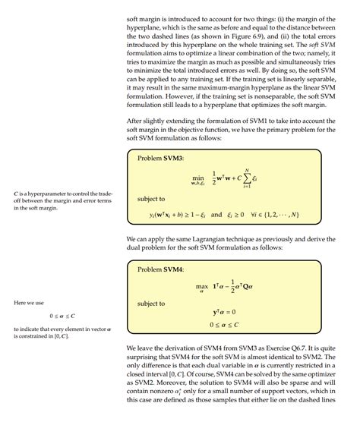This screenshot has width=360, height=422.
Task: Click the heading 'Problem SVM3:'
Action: click(163, 158)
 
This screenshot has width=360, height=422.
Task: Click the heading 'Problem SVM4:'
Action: click(163, 269)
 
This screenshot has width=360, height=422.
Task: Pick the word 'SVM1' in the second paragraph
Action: click(261, 120)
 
